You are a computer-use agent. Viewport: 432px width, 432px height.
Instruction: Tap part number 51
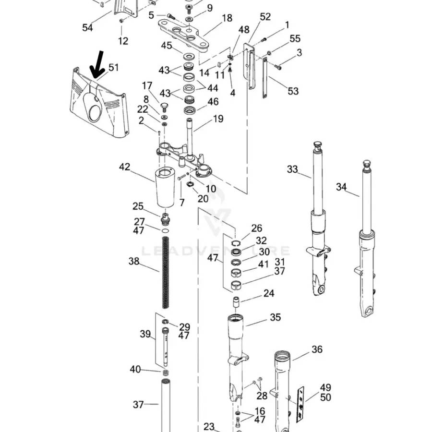(x=113, y=68)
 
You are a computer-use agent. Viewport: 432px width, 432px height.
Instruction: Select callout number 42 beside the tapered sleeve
(x=124, y=167)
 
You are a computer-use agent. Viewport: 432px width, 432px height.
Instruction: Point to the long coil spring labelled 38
(x=166, y=274)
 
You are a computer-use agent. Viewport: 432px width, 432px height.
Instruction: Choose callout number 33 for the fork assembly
(x=292, y=169)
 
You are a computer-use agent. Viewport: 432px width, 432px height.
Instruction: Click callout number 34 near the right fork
(x=341, y=187)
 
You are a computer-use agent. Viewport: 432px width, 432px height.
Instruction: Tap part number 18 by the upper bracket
(x=227, y=18)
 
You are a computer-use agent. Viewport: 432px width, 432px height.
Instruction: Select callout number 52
(x=265, y=17)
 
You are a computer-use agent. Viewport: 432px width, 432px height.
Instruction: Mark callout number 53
(x=293, y=91)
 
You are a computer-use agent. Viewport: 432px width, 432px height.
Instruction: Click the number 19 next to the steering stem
(x=218, y=119)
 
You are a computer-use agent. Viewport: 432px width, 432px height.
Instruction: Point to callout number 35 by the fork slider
(x=275, y=317)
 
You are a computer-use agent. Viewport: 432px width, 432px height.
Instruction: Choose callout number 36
(x=317, y=349)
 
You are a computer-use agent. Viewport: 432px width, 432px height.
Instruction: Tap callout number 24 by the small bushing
(x=269, y=293)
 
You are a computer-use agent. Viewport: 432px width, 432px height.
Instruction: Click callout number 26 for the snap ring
(x=257, y=228)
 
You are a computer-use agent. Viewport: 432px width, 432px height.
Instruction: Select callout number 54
(x=87, y=28)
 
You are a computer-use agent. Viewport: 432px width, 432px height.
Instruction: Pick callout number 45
(x=166, y=46)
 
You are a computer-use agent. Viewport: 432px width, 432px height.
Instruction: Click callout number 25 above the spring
(x=138, y=206)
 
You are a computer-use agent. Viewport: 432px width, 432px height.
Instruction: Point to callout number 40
(x=135, y=369)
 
